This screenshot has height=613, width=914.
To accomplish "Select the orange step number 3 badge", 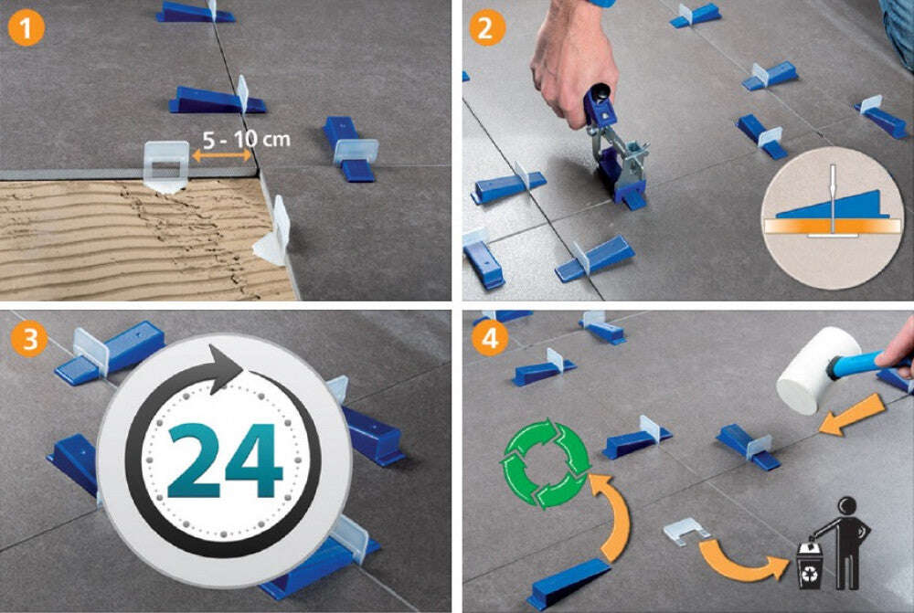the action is coord(29,339).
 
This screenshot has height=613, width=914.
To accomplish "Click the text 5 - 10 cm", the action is coord(246,139).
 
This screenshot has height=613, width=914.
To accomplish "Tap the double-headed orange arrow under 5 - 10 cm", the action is coord(221,155).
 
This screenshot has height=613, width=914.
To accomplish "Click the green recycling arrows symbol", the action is coord(546,463).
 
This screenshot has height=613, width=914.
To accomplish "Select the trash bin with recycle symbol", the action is coord(811,565).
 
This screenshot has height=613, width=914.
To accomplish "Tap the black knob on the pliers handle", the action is coord(600,93).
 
